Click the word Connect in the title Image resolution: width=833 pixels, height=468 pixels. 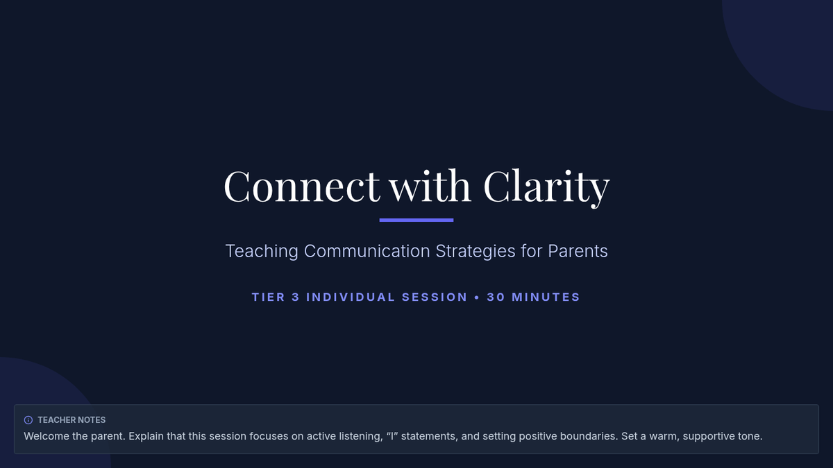tap(301, 186)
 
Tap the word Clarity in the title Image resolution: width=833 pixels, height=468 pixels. tap(546, 188)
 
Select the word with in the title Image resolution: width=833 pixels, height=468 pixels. tap(430, 185)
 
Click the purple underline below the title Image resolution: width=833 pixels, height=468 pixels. tap(416, 220)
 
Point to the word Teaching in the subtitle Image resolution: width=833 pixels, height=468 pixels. tap(262, 252)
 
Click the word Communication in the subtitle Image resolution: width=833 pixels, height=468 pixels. tap(367, 251)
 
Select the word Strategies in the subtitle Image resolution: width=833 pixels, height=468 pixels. tap(476, 252)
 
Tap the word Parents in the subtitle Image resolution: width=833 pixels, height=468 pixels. tap(578, 251)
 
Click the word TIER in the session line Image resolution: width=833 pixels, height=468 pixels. tap(269, 297)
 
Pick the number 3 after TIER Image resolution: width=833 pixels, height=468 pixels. tap(295, 297)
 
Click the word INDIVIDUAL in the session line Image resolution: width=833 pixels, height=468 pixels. tap(351, 297)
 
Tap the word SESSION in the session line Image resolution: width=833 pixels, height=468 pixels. tap(435, 297)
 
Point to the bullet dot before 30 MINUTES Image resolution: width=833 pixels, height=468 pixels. tap(477, 297)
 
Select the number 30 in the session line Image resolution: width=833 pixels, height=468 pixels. tap(496, 297)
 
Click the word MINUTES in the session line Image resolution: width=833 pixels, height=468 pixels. tap(546, 297)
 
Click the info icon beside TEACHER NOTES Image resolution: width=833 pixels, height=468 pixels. tap(28, 420)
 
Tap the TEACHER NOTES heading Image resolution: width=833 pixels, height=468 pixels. tap(71, 420)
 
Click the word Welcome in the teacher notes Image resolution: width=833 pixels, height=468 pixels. tap(47, 436)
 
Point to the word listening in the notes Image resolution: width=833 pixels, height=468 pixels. tap(362, 437)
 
